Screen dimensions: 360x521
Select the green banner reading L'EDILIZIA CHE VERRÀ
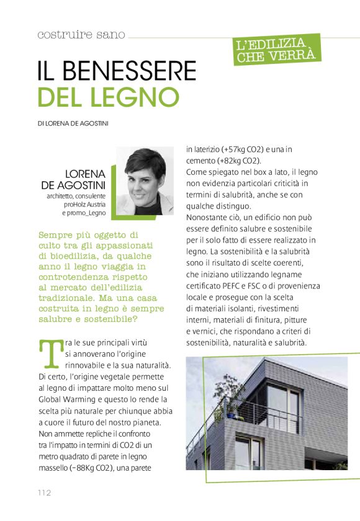tap(278, 50)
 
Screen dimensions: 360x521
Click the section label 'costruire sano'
tap(81, 35)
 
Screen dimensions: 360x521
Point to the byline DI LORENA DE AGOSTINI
tap(73, 123)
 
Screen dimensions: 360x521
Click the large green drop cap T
tap(48, 353)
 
